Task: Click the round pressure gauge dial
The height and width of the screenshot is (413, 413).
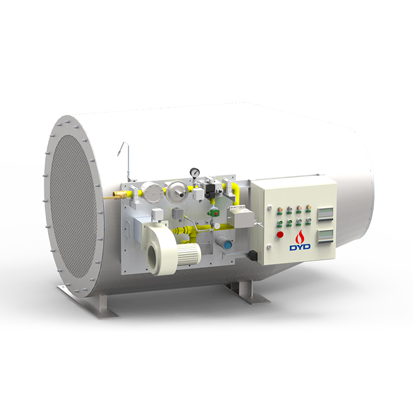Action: click(x=195, y=172)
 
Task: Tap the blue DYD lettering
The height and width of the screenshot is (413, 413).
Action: click(x=300, y=247)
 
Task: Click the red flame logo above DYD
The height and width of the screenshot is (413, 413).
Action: click(x=300, y=236)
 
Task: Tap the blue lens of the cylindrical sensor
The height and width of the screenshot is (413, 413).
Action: click(x=227, y=245)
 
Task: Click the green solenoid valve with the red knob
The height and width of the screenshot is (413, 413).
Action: click(x=214, y=213)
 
